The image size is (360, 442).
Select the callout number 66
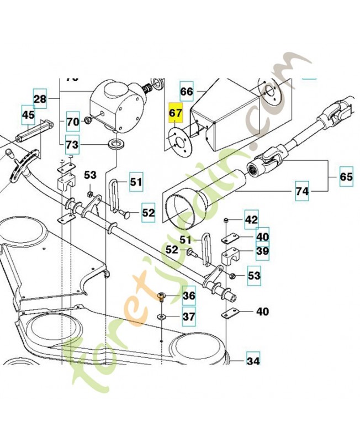tap(187, 92)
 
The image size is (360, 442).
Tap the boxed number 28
tap(40, 99)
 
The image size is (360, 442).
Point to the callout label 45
tap(28, 115)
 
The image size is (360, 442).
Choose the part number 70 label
tap(73, 121)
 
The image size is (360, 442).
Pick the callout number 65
tap(346, 177)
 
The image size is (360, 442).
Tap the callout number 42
tap(251, 220)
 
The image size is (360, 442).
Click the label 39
tap(262, 252)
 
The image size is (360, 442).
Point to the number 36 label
tap(189, 296)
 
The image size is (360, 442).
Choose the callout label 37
tap(189, 317)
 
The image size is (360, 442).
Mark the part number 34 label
tap(253, 362)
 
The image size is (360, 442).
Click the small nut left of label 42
tap(227, 220)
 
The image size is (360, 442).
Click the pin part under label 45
tap(34, 133)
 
